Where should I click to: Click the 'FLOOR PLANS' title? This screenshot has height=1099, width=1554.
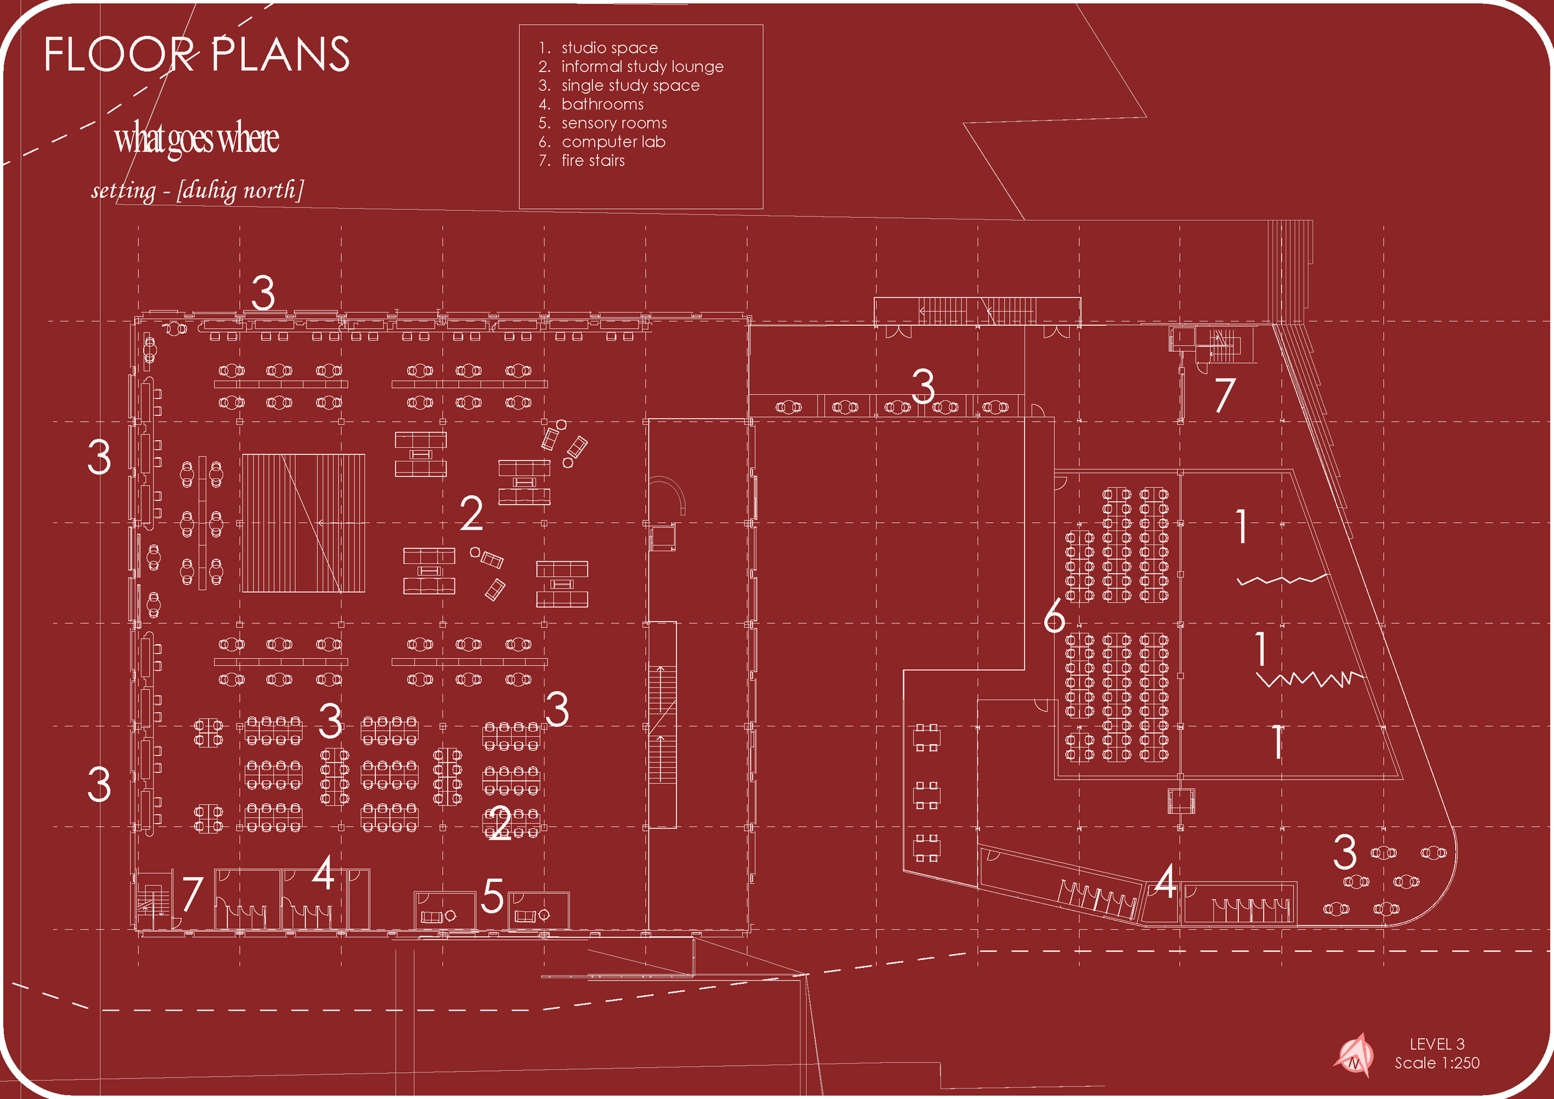(197, 54)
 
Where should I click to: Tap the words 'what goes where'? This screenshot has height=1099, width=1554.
(196, 139)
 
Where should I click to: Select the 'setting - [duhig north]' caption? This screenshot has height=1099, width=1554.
(197, 190)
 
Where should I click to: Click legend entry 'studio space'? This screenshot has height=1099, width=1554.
(609, 48)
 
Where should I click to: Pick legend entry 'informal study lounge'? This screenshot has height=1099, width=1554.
(641, 67)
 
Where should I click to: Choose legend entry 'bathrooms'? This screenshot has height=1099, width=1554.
(602, 104)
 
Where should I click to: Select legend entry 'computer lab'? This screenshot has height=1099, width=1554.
(612, 142)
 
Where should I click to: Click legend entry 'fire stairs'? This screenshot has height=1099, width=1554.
(592, 161)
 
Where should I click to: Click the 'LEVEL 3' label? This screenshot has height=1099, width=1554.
(1437, 1044)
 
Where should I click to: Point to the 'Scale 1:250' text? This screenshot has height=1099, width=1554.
(1437, 1063)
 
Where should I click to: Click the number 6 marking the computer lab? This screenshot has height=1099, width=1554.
(1054, 617)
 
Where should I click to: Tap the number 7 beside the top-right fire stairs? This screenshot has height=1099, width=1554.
(1225, 395)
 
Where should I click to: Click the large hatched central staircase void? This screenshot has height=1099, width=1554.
(303, 523)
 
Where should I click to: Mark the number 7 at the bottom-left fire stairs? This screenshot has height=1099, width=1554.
(192, 893)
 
